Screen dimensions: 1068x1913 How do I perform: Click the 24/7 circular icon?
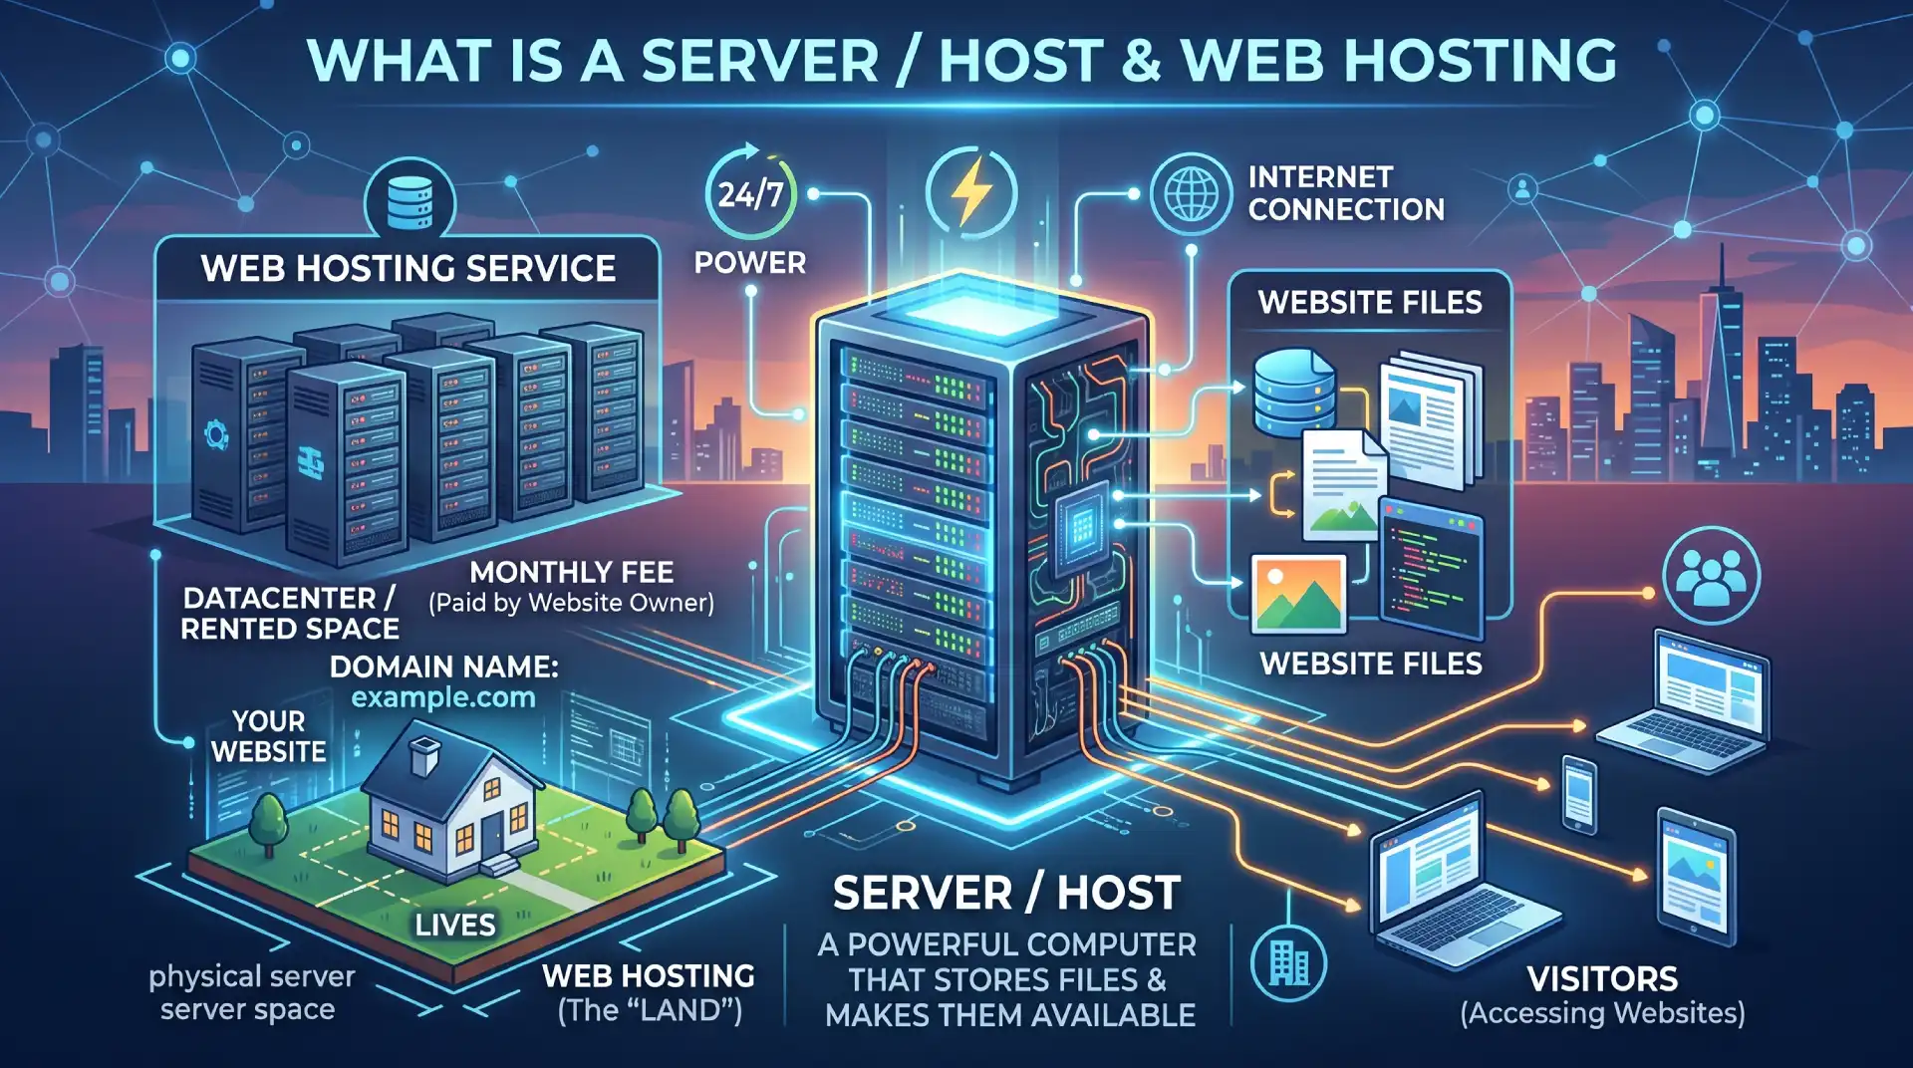[x=751, y=193]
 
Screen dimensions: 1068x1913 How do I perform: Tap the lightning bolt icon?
[x=970, y=191]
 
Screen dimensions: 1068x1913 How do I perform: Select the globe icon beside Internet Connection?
[x=1191, y=193]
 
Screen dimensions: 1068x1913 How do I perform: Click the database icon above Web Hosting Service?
[x=410, y=202]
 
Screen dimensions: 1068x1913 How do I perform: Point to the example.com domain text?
[x=443, y=697]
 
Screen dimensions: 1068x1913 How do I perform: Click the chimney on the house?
[x=425, y=754]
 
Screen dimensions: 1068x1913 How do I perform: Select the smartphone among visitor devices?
[x=1579, y=794]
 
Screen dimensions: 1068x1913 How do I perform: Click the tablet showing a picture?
[x=1696, y=878]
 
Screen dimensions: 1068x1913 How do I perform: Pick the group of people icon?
[x=1711, y=576]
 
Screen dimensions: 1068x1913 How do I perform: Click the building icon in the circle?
[x=1288, y=962]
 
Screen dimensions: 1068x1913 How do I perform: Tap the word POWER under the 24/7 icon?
[x=749, y=263]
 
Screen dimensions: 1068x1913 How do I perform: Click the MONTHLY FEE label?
[x=572, y=572]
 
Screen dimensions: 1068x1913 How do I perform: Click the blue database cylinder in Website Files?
[x=1293, y=391]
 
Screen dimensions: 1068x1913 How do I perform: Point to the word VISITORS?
[x=1602, y=978]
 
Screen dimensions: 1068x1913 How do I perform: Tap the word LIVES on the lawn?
[x=455, y=925]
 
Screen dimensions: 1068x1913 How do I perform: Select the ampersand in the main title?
[x=1141, y=61]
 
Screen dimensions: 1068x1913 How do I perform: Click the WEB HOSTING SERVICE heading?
[x=409, y=269]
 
